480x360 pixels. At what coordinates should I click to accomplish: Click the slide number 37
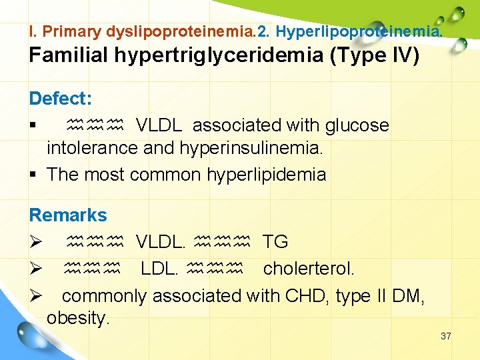(446, 336)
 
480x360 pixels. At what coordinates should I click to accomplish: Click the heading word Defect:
(60, 99)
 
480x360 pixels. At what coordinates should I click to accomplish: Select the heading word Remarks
(67, 215)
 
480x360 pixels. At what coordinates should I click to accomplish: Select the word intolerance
(92, 148)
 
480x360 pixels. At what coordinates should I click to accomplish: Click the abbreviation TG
(275, 242)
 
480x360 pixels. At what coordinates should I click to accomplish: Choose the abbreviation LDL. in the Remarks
(159, 269)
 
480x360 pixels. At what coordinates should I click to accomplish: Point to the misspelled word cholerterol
(309, 269)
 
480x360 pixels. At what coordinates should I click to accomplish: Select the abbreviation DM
(409, 295)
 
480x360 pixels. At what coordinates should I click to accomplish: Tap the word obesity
(78, 319)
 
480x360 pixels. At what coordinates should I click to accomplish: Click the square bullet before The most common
(33, 175)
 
